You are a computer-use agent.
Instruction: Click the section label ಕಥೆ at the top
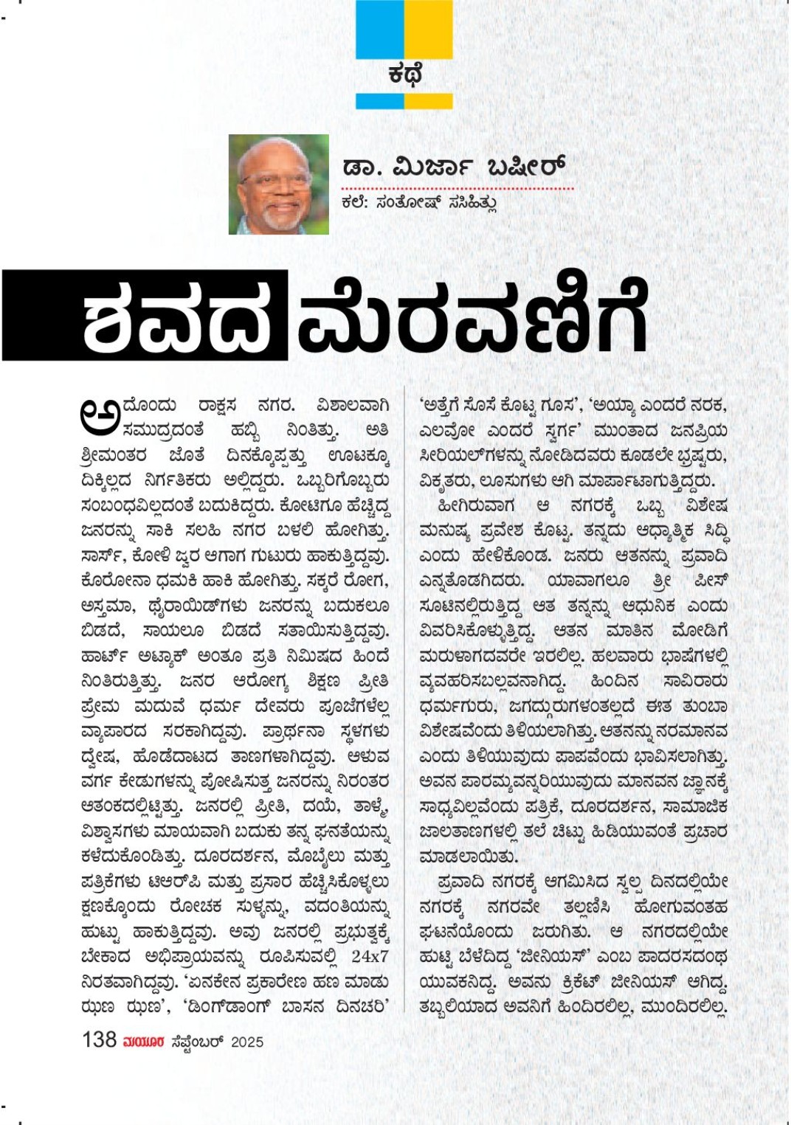tap(404, 76)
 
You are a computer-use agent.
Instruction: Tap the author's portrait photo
tap(279, 184)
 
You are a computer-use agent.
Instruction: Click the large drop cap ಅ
tap(100, 415)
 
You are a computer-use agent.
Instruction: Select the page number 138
tap(99, 1039)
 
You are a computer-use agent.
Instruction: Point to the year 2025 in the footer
tap(247, 1042)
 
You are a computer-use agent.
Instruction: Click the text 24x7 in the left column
tap(370, 957)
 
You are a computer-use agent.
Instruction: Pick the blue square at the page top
tap(379, 30)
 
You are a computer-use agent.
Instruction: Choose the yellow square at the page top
tap(429, 30)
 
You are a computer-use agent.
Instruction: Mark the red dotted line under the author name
tap(457, 189)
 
